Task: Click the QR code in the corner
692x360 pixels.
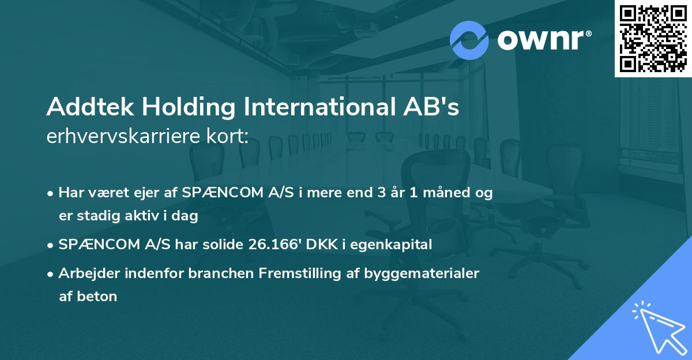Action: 653,39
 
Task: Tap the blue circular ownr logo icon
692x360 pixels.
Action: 469,40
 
